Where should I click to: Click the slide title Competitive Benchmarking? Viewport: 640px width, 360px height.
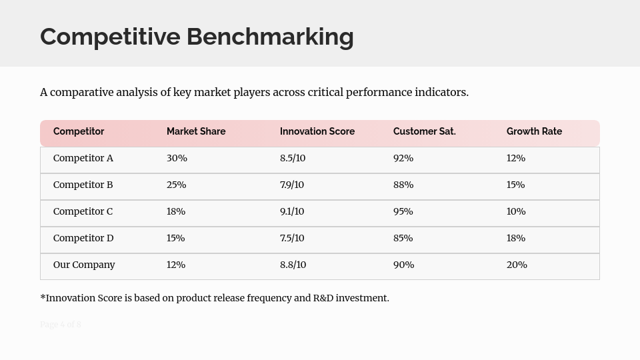point(197,37)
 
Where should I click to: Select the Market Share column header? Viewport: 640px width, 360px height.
point(196,131)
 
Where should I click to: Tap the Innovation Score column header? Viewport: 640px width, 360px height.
point(317,131)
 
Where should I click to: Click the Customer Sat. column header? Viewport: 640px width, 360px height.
point(425,131)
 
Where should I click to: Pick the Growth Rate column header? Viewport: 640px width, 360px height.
point(534,131)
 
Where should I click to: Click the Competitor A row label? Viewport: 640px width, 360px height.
point(83,158)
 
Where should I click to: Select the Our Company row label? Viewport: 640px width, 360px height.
point(84,265)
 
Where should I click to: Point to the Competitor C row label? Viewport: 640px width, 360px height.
point(83,211)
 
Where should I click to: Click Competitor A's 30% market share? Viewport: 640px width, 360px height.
point(177,158)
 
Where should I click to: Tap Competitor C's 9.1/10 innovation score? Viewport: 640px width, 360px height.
point(292,211)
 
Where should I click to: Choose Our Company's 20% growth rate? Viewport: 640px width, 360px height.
point(517,265)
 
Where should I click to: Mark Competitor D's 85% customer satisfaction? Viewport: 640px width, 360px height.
point(403,238)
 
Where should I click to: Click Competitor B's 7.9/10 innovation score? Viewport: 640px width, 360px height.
point(292,185)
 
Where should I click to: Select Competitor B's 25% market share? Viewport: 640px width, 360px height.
point(176,185)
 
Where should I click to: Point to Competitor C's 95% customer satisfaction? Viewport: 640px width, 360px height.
point(403,211)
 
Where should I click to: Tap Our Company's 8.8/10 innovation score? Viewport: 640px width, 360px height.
point(293,265)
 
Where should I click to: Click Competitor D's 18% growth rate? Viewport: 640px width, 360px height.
point(516,238)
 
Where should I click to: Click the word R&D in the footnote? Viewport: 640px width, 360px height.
point(323,298)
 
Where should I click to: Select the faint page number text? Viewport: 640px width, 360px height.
point(61,325)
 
